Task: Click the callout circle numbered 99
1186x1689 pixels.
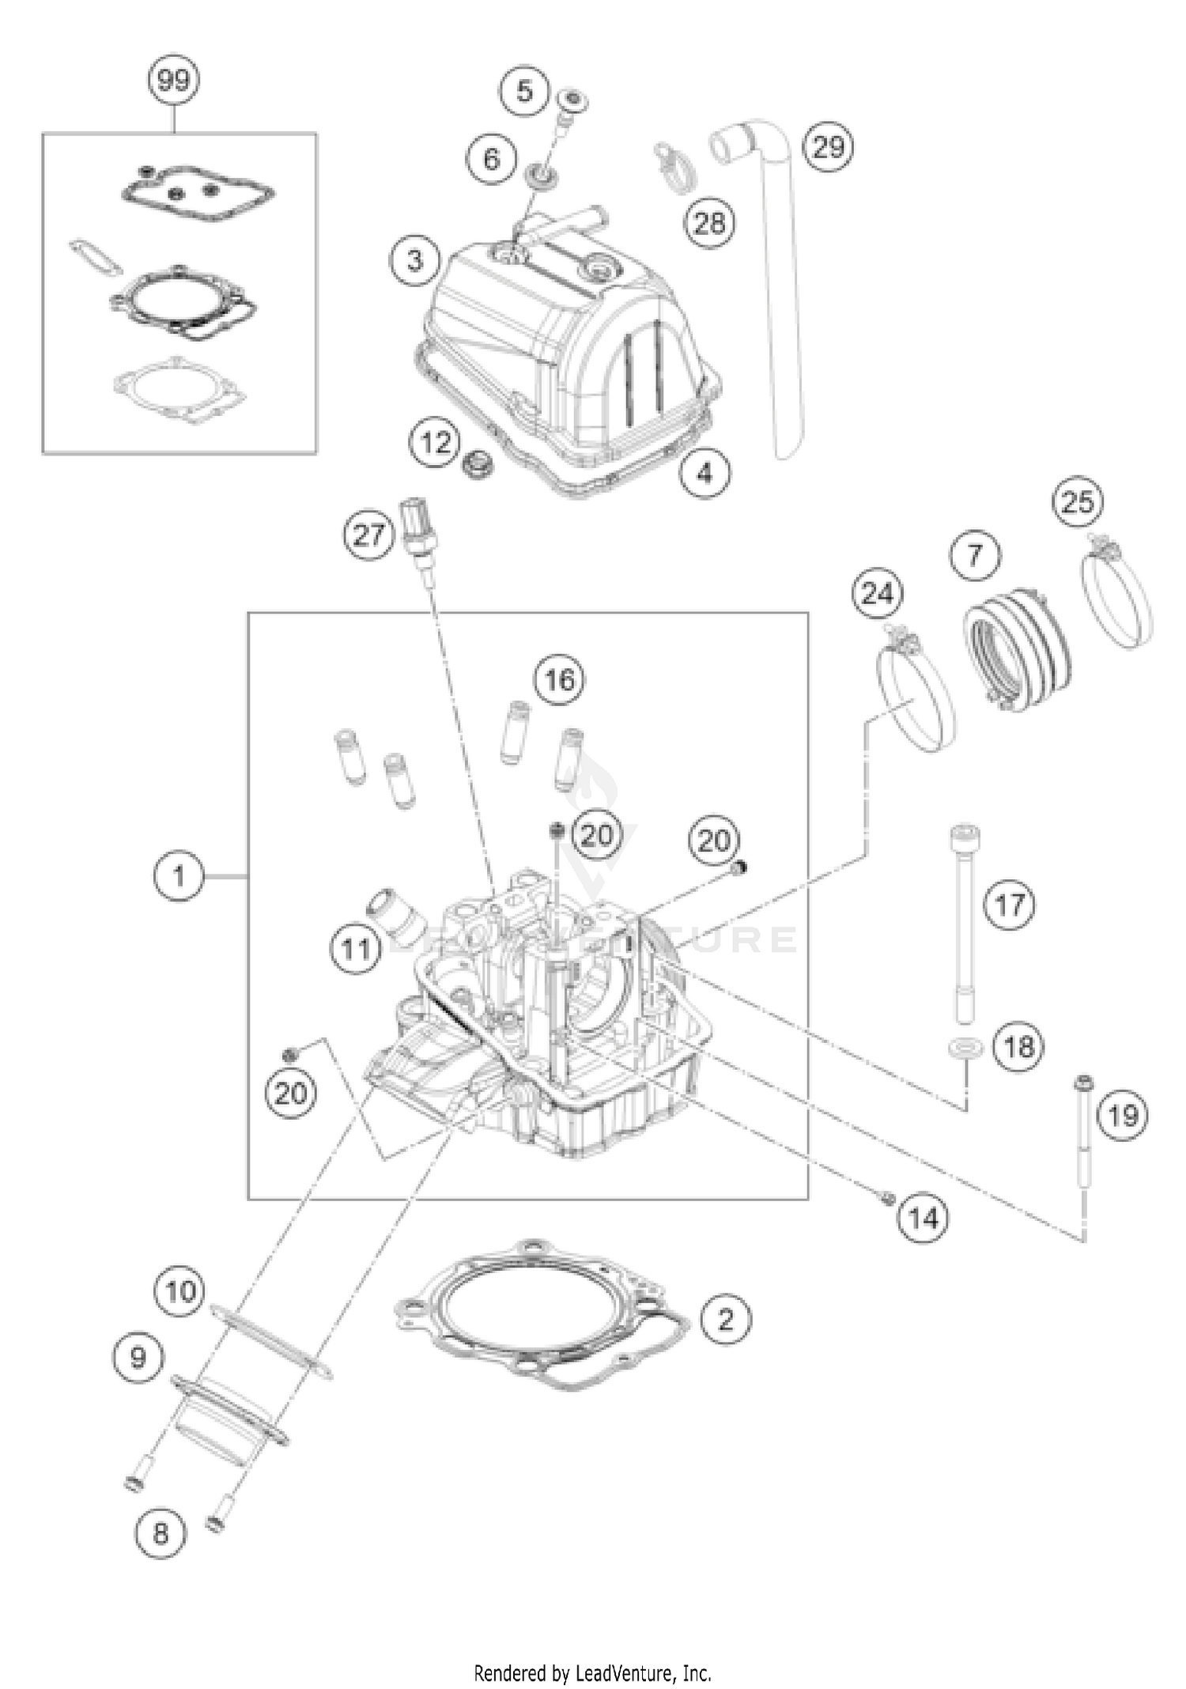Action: (x=173, y=80)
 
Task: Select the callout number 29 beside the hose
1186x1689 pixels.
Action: (x=828, y=147)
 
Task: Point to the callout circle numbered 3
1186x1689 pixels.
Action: (x=415, y=261)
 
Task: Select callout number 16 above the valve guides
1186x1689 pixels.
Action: (x=560, y=679)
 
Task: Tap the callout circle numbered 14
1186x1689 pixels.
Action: (x=923, y=1219)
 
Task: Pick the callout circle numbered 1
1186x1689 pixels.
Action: (x=179, y=876)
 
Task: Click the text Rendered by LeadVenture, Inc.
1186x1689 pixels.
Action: (x=592, y=1673)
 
